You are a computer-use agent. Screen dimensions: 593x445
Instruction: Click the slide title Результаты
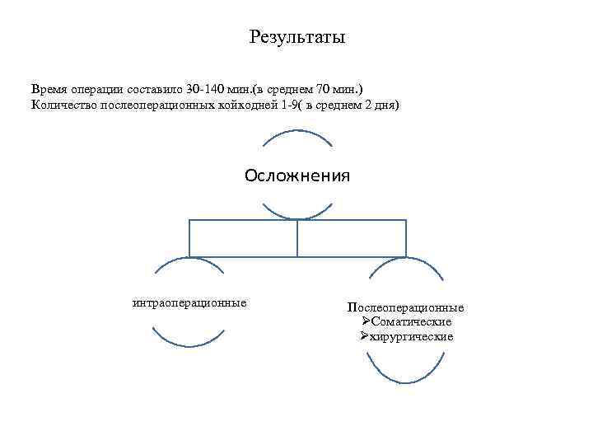point(296,38)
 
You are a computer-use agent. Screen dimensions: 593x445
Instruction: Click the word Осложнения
point(296,176)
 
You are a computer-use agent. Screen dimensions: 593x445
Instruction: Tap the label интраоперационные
point(189,302)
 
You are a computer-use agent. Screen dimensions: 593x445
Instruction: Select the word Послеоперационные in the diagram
point(405,307)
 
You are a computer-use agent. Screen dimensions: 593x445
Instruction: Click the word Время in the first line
point(49,88)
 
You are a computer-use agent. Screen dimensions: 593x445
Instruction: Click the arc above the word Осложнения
point(296,132)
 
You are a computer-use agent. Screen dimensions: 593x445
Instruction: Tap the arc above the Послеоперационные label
point(405,263)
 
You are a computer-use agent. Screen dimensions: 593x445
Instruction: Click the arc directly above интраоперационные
point(189,263)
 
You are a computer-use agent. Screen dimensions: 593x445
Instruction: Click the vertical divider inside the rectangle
point(297,238)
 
